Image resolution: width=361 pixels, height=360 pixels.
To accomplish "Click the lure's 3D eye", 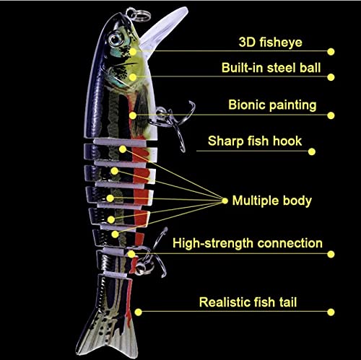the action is click(116, 39).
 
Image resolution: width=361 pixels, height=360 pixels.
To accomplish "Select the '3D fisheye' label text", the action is click(271, 43).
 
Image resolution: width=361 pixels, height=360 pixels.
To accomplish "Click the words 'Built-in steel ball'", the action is click(271, 68).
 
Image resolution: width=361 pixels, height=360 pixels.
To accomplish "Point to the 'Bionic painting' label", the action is click(272, 105).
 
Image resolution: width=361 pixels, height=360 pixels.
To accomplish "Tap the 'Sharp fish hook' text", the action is click(255, 141).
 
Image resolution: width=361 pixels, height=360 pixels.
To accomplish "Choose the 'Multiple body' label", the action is click(272, 201).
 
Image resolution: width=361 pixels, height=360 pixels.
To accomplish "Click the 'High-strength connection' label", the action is click(248, 243).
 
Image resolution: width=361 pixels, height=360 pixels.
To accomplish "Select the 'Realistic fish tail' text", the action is click(248, 302).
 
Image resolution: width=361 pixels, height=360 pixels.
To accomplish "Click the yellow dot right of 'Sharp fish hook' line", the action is click(312, 152).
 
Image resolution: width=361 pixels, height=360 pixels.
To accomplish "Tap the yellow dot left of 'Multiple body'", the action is click(225, 201).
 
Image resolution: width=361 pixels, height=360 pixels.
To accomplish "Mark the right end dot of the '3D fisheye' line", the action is click(331, 52).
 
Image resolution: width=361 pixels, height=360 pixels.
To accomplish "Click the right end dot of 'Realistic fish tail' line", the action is click(331, 312).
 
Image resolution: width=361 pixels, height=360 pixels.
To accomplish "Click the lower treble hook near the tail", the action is click(154, 258).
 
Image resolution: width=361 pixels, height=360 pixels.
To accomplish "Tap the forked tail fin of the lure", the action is click(107, 334).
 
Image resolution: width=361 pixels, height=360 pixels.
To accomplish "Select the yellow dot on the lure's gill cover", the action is click(133, 77).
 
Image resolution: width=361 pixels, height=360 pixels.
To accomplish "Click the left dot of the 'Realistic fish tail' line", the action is click(138, 312).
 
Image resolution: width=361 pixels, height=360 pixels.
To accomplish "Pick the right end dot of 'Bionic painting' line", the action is click(331, 115).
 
